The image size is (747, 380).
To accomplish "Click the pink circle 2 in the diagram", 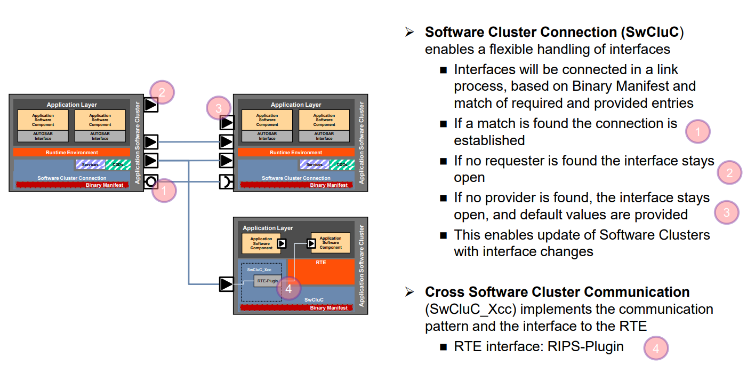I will click(x=163, y=93).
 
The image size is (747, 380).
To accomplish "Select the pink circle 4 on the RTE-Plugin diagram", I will click(x=288, y=289).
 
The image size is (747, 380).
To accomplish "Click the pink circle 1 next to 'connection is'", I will click(x=698, y=131).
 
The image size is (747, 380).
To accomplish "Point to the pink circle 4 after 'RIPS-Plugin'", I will click(x=656, y=349).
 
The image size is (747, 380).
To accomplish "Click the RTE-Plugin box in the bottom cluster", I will click(x=267, y=280).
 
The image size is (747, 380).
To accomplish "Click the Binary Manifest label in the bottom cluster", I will click(x=329, y=308).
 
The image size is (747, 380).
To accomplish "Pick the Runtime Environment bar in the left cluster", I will click(x=71, y=153).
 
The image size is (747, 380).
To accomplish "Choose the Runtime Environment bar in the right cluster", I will click(x=296, y=153).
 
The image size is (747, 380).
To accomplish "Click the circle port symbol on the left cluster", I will click(x=151, y=181).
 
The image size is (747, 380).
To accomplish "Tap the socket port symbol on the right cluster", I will click(x=227, y=182).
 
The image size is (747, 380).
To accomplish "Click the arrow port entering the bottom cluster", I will click(x=227, y=284).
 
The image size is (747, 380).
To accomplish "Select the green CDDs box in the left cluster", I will click(x=117, y=165).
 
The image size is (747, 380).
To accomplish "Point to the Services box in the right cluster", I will click(x=314, y=165).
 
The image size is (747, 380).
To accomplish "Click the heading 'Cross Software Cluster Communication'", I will click(x=557, y=292).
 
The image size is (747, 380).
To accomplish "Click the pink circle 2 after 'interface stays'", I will click(x=729, y=172).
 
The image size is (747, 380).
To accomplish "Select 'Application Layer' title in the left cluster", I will click(x=71, y=105).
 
